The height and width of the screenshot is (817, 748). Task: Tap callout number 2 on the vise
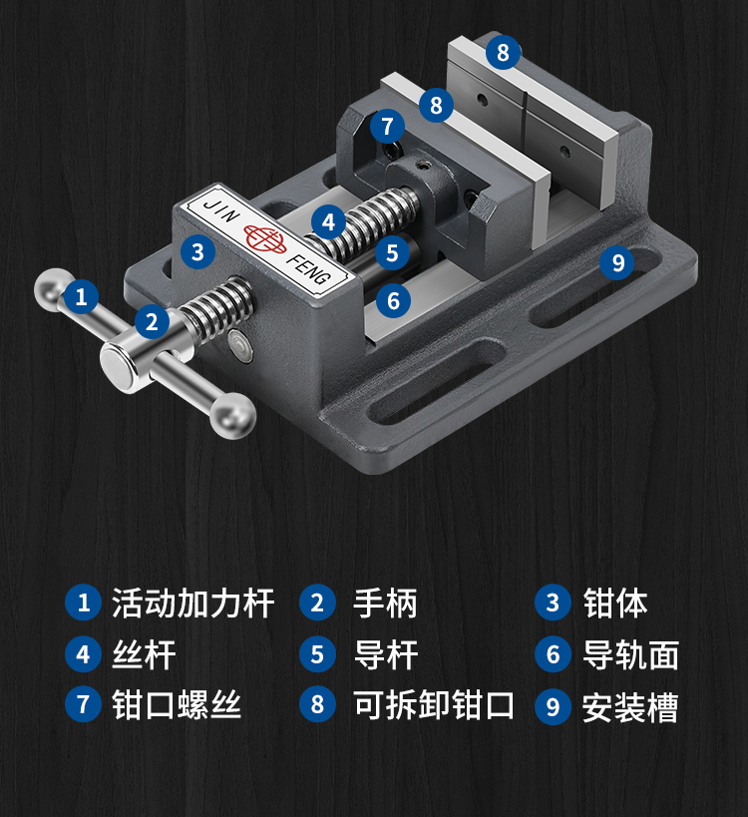click(152, 321)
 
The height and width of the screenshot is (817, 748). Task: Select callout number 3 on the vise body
click(197, 251)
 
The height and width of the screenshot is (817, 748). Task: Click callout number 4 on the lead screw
click(328, 221)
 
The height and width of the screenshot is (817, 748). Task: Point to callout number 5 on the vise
click(392, 252)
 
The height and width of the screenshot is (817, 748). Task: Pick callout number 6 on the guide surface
click(393, 299)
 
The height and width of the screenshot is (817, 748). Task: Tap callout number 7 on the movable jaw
click(387, 127)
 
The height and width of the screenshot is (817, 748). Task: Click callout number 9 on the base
click(618, 262)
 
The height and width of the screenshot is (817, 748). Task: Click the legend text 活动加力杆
click(192, 603)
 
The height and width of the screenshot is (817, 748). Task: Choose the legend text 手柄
click(385, 603)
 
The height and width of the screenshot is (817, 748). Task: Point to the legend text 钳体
click(615, 603)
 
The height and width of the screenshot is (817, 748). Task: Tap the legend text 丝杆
click(144, 655)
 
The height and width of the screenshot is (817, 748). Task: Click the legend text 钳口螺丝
click(177, 705)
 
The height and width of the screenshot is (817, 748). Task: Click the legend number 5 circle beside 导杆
click(317, 655)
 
